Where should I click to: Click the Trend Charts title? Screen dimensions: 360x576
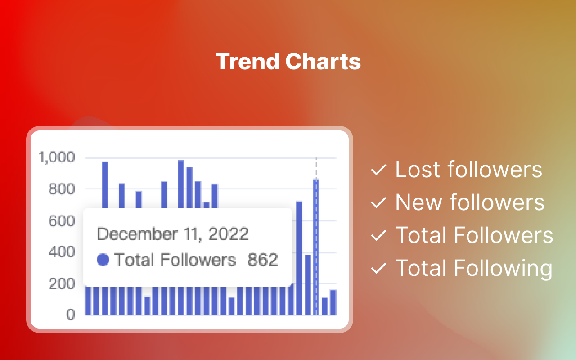click(x=288, y=62)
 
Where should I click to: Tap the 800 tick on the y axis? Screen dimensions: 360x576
click(x=63, y=189)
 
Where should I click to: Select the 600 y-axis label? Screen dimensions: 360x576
click(x=63, y=221)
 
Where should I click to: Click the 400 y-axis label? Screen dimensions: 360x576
click(x=63, y=252)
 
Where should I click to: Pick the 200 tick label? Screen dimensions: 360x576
click(x=63, y=284)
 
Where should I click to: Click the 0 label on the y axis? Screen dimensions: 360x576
click(x=71, y=315)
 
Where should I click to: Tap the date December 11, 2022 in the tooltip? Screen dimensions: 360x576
click(x=173, y=234)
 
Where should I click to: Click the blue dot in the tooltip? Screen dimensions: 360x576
click(x=103, y=260)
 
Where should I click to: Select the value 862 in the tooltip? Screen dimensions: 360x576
click(x=263, y=260)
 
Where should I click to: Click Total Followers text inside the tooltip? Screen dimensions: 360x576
click(x=175, y=260)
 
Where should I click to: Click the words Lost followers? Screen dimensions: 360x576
click(x=468, y=170)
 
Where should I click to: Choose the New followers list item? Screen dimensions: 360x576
click(x=470, y=202)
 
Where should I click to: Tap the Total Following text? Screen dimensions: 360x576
click(x=474, y=268)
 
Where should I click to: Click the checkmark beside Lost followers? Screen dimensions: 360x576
click(x=378, y=170)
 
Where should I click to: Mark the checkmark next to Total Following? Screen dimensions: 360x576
click(x=378, y=269)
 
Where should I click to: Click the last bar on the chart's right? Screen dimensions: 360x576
click(x=333, y=302)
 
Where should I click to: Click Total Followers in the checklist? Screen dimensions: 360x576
click(x=474, y=235)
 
